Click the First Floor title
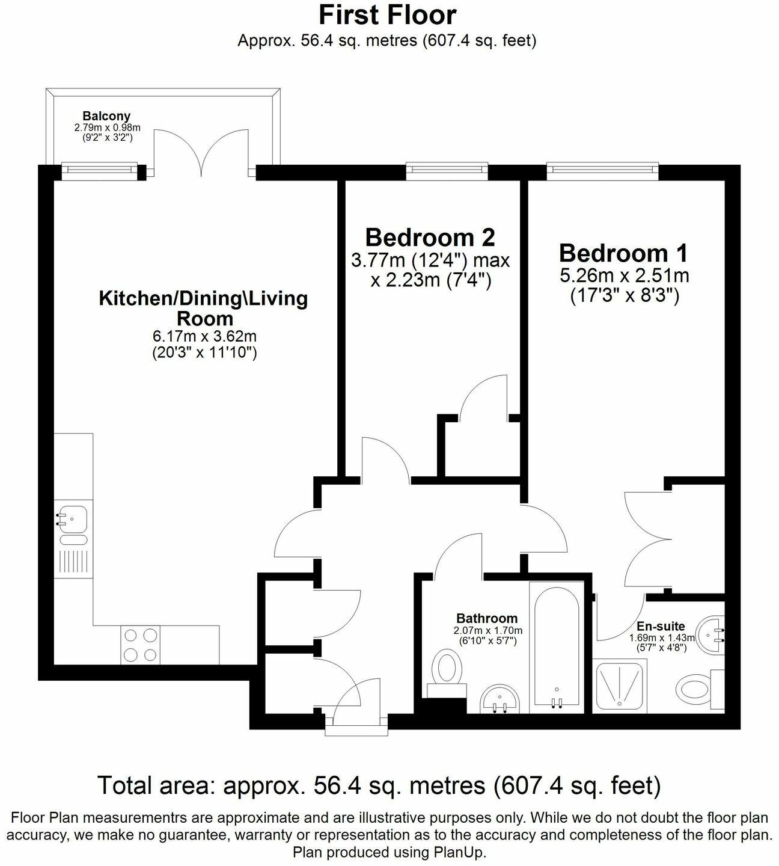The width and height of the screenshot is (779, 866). click(387, 16)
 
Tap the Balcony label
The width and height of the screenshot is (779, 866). click(106, 116)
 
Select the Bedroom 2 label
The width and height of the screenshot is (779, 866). click(430, 238)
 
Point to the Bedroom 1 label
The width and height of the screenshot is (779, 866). click(623, 253)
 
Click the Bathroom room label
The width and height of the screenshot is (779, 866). click(487, 618)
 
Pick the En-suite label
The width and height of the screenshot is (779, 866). click(661, 626)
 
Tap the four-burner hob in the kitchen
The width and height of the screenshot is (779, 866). click(141, 646)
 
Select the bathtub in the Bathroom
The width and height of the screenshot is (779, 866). click(557, 647)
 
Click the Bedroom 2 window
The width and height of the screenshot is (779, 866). click(447, 171)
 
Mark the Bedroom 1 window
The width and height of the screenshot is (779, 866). click(603, 171)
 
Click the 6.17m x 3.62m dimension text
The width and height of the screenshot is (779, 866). click(204, 336)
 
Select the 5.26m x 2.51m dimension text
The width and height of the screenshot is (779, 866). click(624, 275)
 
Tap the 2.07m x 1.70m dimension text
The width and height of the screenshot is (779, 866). click(487, 631)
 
